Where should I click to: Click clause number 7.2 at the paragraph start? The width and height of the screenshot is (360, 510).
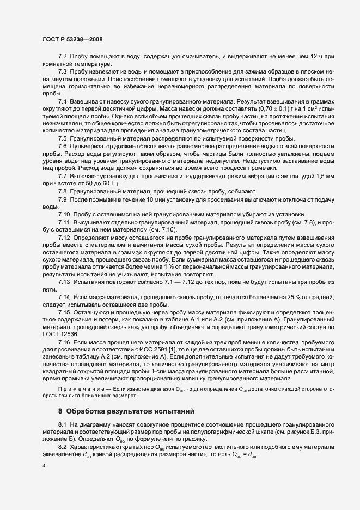tap(62, 57)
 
